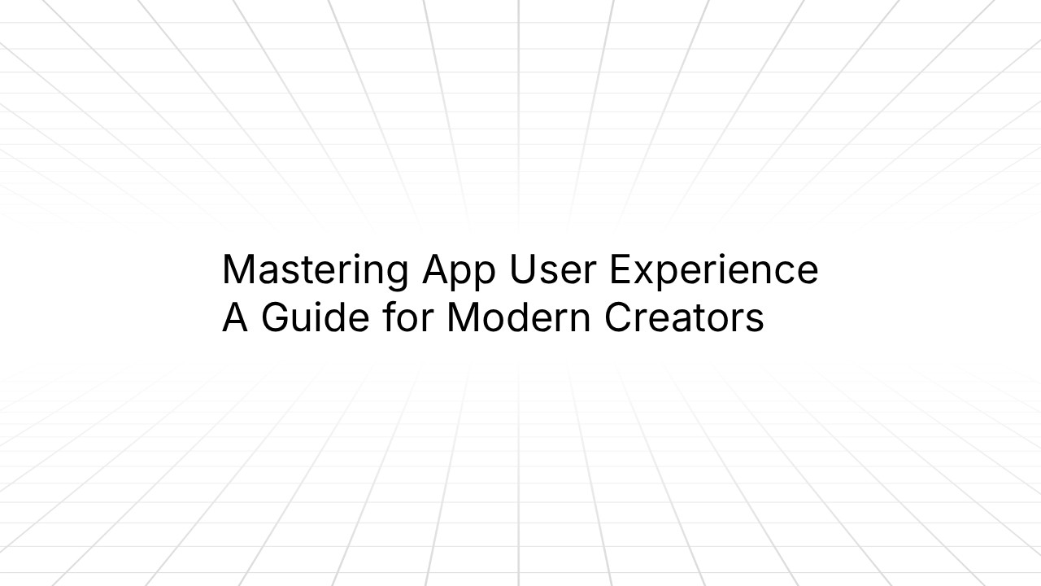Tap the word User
click(553, 269)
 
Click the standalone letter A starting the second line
click(234, 317)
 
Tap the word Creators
click(683, 317)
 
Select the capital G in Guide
click(276, 317)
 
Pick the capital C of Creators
click(618, 317)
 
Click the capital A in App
click(435, 269)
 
